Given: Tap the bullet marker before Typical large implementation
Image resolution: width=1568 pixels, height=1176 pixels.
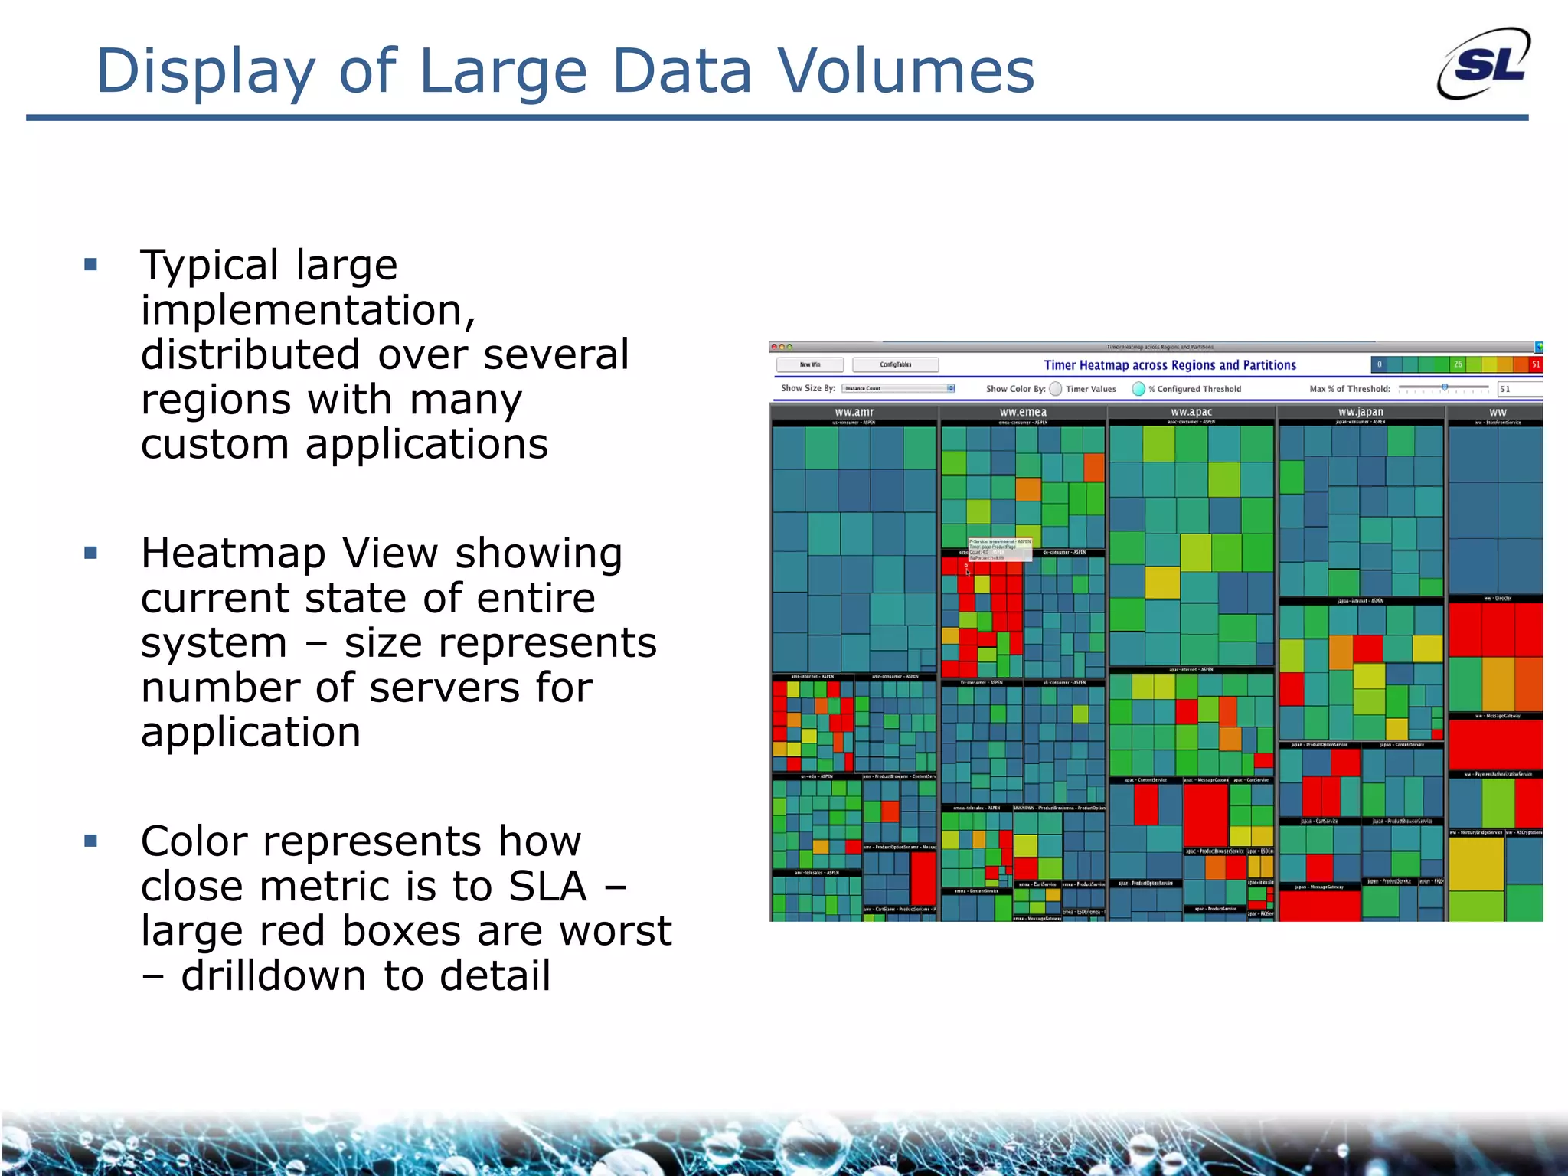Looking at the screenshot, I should pyautogui.click(x=91, y=265).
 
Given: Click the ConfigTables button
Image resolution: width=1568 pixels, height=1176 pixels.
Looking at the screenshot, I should pyautogui.click(x=895, y=364).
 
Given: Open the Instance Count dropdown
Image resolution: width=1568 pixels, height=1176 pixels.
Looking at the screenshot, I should pyautogui.click(x=898, y=388).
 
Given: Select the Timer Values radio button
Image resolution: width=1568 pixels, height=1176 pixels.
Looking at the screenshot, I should pyautogui.click(x=1056, y=389).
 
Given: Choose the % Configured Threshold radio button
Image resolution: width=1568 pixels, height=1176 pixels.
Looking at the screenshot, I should pyautogui.click(x=1138, y=389).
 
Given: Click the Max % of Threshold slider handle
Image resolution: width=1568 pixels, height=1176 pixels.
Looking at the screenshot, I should pyautogui.click(x=1445, y=387).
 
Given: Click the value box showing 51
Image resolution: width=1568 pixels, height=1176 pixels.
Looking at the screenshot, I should pyautogui.click(x=1519, y=389).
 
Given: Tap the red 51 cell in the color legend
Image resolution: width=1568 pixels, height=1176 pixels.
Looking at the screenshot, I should pyautogui.click(x=1535, y=364).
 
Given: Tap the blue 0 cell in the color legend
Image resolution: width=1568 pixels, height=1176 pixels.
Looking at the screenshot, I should pyautogui.click(x=1379, y=364).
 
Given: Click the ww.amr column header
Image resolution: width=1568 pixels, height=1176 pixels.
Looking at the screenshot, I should pyautogui.click(x=854, y=412).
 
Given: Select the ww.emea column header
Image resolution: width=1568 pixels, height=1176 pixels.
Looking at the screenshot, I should pyautogui.click(x=1023, y=412).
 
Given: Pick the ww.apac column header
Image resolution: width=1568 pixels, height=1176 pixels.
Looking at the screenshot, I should pyautogui.click(x=1191, y=412).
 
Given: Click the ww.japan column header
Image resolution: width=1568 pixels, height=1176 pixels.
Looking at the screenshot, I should pyautogui.click(x=1361, y=412).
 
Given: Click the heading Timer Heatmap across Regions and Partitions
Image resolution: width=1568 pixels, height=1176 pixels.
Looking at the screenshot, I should pyautogui.click(x=1170, y=365).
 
